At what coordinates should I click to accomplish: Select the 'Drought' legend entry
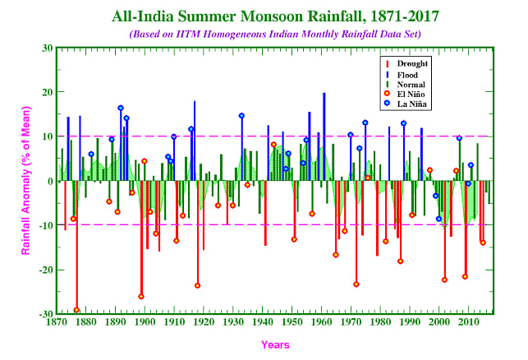[x=412, y=62]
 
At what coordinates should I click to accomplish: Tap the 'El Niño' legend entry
[x=412, y=95]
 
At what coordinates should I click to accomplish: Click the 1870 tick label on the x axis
[x=57, y=323]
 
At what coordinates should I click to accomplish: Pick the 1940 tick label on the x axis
[x=263, y=323]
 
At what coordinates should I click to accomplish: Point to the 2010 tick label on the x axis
[x=468, y=323]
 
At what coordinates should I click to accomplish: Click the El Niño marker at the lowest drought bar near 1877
[x=77, y=310]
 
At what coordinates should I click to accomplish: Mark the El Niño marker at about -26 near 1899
[x=141, y=296]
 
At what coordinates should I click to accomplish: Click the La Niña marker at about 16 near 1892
[x=121, y=108]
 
